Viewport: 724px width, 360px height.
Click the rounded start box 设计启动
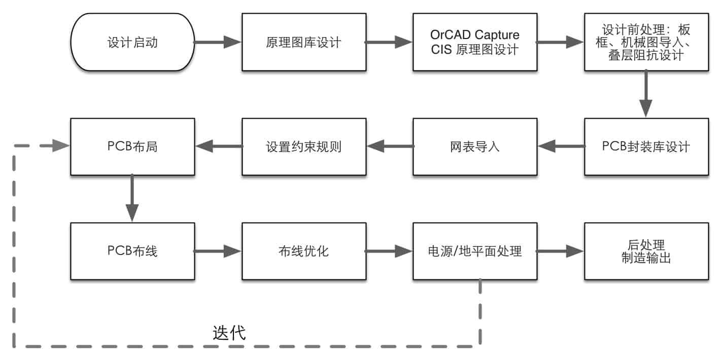click(132, 42)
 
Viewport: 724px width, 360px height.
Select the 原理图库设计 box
click(303, 42)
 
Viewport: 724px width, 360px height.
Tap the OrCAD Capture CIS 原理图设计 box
click(474, 42)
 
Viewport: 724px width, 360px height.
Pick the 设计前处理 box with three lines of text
click(646, 42)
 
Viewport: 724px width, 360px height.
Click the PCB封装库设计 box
click(646, 147)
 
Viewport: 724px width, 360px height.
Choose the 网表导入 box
click(474, 147)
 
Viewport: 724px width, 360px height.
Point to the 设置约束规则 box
click(303, 147)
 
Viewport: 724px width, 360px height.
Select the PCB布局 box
click(132, 147)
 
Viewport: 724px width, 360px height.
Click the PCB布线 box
click(132, 251)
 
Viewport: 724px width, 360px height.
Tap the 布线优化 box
click(303, 251)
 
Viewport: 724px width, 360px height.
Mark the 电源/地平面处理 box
click(474, 251)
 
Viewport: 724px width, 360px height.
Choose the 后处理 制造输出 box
click(646, 251)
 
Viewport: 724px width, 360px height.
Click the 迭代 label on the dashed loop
click(229, 333)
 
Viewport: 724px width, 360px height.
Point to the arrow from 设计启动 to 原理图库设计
click(218, 42)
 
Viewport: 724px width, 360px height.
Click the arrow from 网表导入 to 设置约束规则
click(389, 147)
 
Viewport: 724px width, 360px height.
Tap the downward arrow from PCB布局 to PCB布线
click(132, 199)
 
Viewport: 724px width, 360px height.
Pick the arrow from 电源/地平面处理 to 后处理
click(560, 251)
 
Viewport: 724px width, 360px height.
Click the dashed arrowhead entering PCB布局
click(60, 147)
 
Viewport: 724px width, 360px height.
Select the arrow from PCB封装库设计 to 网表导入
click(561, 147)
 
